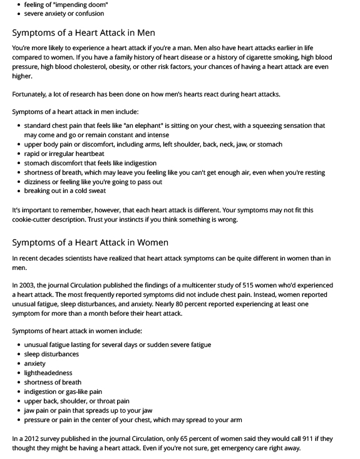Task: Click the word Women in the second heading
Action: click(152, 242)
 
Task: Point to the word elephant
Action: click(146, 125)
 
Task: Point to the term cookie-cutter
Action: click(35, 220)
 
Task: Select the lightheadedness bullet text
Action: click(48, 373)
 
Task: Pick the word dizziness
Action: click(41, 182)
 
